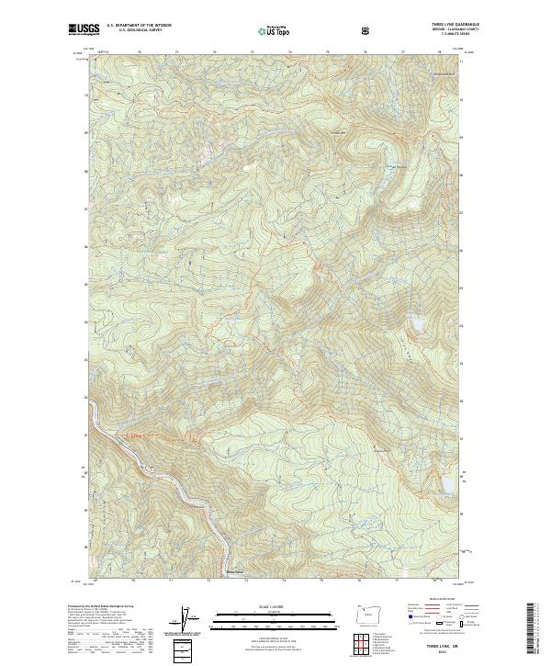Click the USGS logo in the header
pyautogui.click(x=84, y=29)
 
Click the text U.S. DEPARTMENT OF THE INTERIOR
pyautogui.click(x=139, y=25)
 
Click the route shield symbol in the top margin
pyautogui.click(x=366, y=30)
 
